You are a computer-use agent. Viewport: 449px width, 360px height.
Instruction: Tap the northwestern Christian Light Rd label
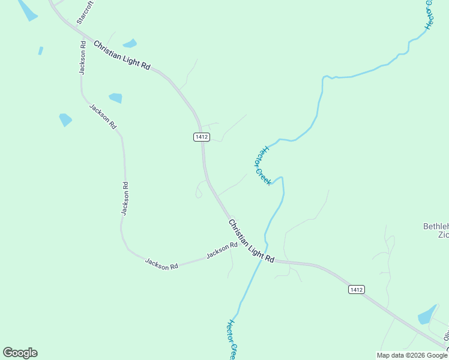121,56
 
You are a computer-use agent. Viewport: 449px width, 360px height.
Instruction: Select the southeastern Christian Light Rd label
251,241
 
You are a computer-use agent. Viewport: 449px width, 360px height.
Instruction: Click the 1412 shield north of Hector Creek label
202,137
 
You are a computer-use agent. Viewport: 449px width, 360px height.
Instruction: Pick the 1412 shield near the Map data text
356,290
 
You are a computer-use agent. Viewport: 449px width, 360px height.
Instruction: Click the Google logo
20,353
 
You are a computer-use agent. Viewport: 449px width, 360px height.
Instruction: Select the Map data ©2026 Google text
412,355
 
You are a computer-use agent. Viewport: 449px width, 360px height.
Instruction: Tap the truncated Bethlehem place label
436,230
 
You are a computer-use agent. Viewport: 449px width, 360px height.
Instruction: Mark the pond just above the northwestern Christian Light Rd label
130,43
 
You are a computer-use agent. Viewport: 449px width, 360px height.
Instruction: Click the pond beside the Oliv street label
427,314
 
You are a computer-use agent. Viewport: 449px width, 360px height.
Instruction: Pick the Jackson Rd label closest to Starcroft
83,58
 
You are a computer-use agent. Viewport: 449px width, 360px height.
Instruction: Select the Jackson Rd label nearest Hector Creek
222,251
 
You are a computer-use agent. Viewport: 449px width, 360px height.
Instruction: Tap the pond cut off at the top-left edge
27,10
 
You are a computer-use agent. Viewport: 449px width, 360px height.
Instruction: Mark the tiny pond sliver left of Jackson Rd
41,51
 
